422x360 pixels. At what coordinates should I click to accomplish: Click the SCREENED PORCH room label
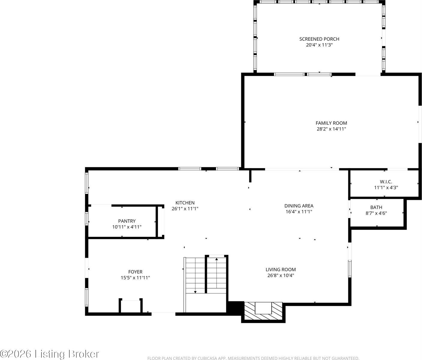click(x=319, y=39)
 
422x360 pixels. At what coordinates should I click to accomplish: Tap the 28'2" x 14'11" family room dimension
click(x=331, y=129)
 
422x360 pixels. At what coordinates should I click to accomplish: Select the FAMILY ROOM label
click(x=331, y=123)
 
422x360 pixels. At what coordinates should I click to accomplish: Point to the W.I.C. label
click(x=386, y=181)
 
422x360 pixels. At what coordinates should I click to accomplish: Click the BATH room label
click(x=376, y=207)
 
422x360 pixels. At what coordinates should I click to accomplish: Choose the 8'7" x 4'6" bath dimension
click(x=376, y=213)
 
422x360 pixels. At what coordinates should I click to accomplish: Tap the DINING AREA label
click(x=299, y=206)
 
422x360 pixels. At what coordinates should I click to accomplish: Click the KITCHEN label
click(x=185, y=203)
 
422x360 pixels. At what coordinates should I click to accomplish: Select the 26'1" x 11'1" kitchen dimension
click(x=185, y=209)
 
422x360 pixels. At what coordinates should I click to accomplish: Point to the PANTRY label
click(x=127, y=221)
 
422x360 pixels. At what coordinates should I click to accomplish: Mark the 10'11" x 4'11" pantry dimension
click(x=127, y=227)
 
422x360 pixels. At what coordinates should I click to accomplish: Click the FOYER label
click(x=135, y=272)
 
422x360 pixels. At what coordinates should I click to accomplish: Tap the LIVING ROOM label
click(x=281, y=270)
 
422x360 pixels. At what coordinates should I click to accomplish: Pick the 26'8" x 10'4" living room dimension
click(x=281, y=275)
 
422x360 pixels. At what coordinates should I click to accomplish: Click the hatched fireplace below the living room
click(x=263, y=311)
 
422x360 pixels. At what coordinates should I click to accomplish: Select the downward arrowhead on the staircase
click(x=195, y=292)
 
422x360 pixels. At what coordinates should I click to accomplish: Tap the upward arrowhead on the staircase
click(x=217, y=259)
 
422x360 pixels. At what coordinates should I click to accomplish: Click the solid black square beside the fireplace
click(x=236, y=307)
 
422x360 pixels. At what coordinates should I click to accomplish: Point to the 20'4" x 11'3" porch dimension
click(x=319, y=45)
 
